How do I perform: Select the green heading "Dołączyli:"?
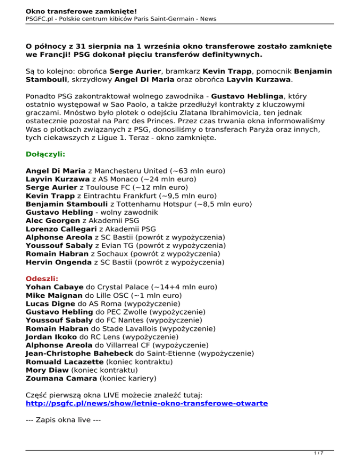pyautogui.click(x=45, y=153)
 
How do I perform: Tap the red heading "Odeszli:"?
pyautogui.click(x=42, y=278)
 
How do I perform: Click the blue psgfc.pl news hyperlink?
pyautogui.click(x=147, y=403)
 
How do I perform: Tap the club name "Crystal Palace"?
pyautogui.click(x=122, y=286)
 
